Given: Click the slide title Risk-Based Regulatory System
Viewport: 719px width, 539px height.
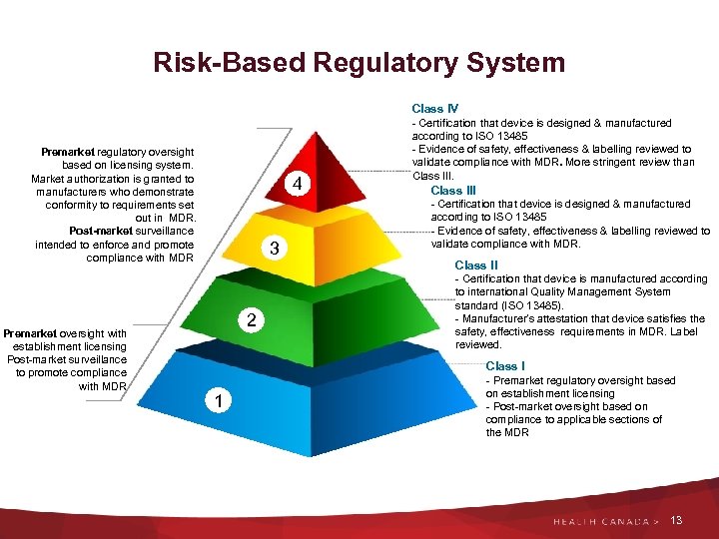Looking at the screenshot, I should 359,63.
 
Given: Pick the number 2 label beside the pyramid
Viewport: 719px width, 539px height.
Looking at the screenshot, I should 254,320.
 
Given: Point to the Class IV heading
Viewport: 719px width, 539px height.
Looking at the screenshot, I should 434,108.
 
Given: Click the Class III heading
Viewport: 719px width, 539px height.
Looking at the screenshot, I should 453,190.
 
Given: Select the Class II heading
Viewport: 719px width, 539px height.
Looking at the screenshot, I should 476,265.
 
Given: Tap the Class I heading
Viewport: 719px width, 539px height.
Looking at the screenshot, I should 505,366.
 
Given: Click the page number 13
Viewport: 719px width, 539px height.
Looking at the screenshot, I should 677,521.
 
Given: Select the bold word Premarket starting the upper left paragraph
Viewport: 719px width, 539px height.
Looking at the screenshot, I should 70,152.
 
